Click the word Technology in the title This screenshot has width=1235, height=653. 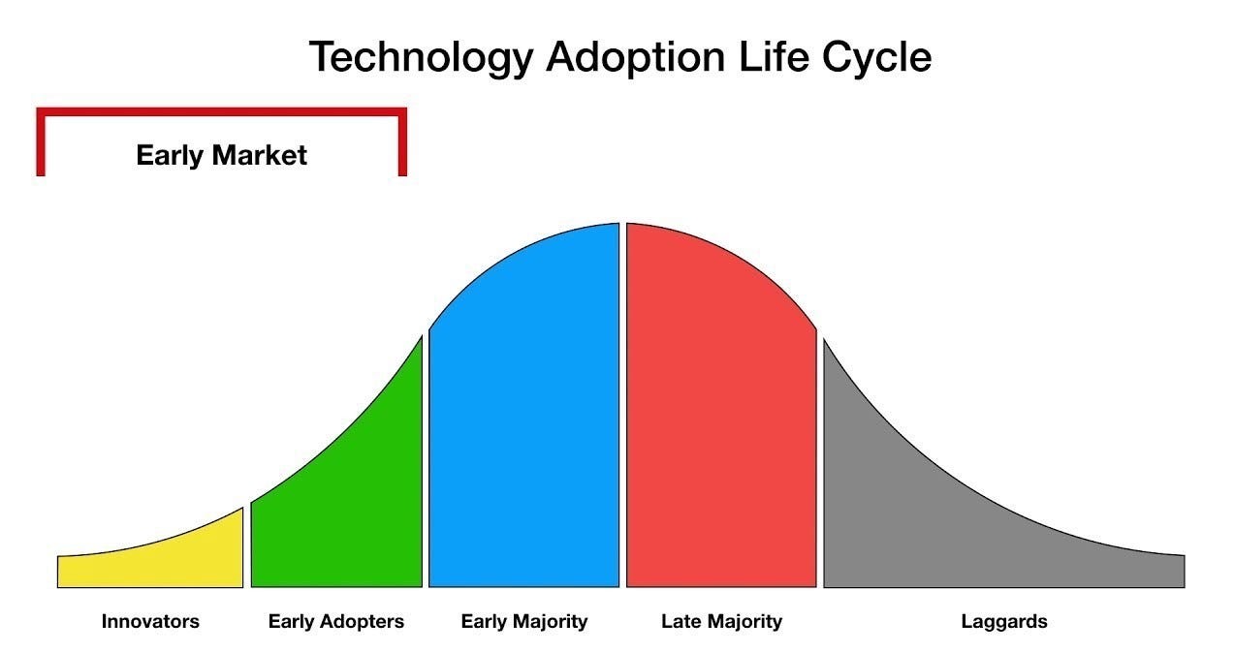click(422, 57)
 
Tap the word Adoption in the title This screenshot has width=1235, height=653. click(635, 57)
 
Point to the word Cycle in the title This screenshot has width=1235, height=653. click(876, 57)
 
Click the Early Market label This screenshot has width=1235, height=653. click(221, 155)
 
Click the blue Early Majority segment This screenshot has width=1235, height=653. click(523, 419)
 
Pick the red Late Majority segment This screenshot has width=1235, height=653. click(721, 419)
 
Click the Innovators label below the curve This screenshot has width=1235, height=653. click(150, 621)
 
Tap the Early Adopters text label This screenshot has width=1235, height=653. click(335, 622)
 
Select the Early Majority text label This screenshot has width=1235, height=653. click(523, 622)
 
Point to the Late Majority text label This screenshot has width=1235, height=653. click(721, 622)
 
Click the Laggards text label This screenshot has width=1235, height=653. click(1004, 622)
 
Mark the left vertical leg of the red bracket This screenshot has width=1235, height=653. click(41, 142)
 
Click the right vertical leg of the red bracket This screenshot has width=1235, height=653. click(402, 142)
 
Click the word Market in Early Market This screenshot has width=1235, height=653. click(259, 155)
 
